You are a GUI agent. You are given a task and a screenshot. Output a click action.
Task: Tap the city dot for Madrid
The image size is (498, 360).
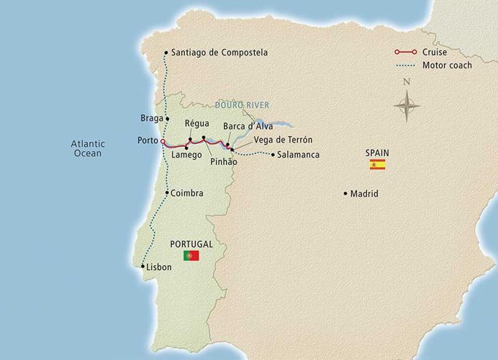(x=346, y=193)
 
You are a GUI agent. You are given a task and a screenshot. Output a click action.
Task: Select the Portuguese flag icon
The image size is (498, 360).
(x=191, y=256)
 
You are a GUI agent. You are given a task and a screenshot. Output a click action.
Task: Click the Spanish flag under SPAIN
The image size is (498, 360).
(x=377, y=165)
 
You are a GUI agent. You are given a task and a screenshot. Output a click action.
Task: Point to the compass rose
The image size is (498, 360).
(x=407, y=106)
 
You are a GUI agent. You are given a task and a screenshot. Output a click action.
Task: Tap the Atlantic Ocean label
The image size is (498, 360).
(x=88, y=148)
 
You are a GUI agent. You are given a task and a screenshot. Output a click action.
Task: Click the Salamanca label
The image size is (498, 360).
(x=299, y=154)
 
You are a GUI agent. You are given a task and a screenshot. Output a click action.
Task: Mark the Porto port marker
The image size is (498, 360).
(x=163, y=141)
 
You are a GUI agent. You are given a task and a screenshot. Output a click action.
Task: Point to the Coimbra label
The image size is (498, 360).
(x=188, y=193)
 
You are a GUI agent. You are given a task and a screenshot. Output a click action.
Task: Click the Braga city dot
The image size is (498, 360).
(x=167, y=118)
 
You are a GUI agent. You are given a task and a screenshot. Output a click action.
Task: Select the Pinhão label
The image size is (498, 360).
(x=223, y=163)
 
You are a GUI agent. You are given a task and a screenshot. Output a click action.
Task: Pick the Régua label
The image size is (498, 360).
(x=196, y=123)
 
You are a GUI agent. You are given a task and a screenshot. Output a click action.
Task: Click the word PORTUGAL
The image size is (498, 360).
(x=191, y=243)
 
